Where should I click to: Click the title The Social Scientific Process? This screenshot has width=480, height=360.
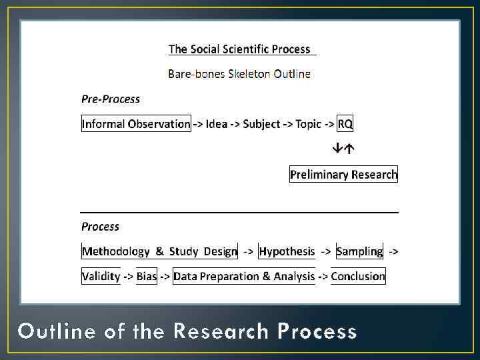click(239, 49)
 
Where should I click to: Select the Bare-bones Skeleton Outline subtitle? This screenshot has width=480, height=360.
click(239, 74)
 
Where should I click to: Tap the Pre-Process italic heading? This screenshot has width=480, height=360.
click(111, 99)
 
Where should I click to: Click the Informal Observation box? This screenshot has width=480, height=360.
click(136, 124)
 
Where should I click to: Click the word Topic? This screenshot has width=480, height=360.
click(309, 124)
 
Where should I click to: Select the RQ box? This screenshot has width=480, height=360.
click(345, 124)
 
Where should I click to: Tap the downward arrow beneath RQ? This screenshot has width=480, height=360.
click(339, 148)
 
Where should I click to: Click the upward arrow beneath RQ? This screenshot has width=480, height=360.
click(349, 148)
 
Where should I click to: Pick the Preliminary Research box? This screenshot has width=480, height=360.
click(343, 175)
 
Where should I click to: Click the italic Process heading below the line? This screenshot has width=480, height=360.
click(100, 227)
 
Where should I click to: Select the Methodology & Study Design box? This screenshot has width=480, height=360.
click(159, 251)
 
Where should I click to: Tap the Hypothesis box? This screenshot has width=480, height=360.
click(287, 251)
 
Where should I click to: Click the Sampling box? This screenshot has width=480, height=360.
click(359, 251)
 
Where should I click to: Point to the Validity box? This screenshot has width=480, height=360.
click(101, 276)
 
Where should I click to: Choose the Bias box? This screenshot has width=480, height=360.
click(147, 276)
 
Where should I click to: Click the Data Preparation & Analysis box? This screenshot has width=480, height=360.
click(244, 276)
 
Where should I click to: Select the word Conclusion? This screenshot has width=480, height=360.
click(358, 276)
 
